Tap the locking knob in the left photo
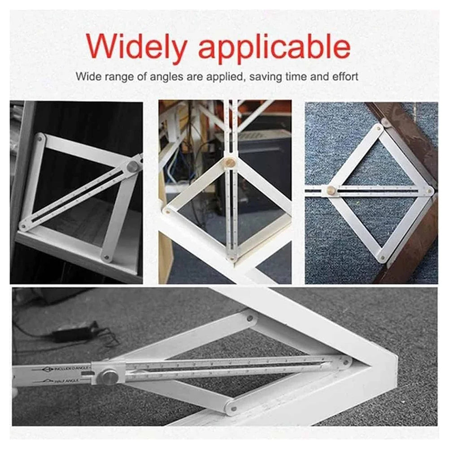[133, 166]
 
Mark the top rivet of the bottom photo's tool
[250, 319]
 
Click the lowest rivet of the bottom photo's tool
[233, 409]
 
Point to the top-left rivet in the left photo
[40, 139]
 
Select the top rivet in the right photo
[379, 127]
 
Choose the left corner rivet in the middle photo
[167, 209]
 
